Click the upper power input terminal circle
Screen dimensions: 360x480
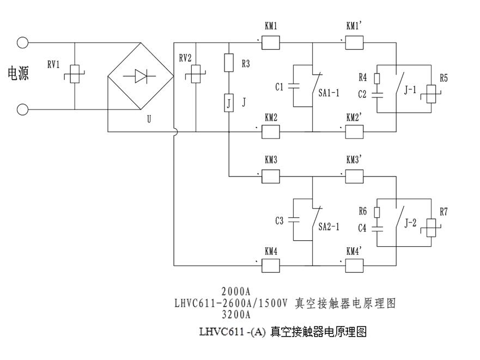click(x=22, y=42)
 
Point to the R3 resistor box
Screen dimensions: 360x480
click(x=229, y=64)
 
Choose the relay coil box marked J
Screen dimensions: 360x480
click(x=229, y=102)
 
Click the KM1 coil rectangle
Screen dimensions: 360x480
click(x=271, y=42)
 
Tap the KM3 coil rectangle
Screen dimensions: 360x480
click(x=271, y=176)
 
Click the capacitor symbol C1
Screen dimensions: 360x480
click(x=294, y=86)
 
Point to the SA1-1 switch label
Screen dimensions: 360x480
click(x=329, y=93)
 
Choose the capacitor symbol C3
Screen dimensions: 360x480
click(x=294, y=220)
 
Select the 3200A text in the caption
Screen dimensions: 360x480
click(x=235, y=315)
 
